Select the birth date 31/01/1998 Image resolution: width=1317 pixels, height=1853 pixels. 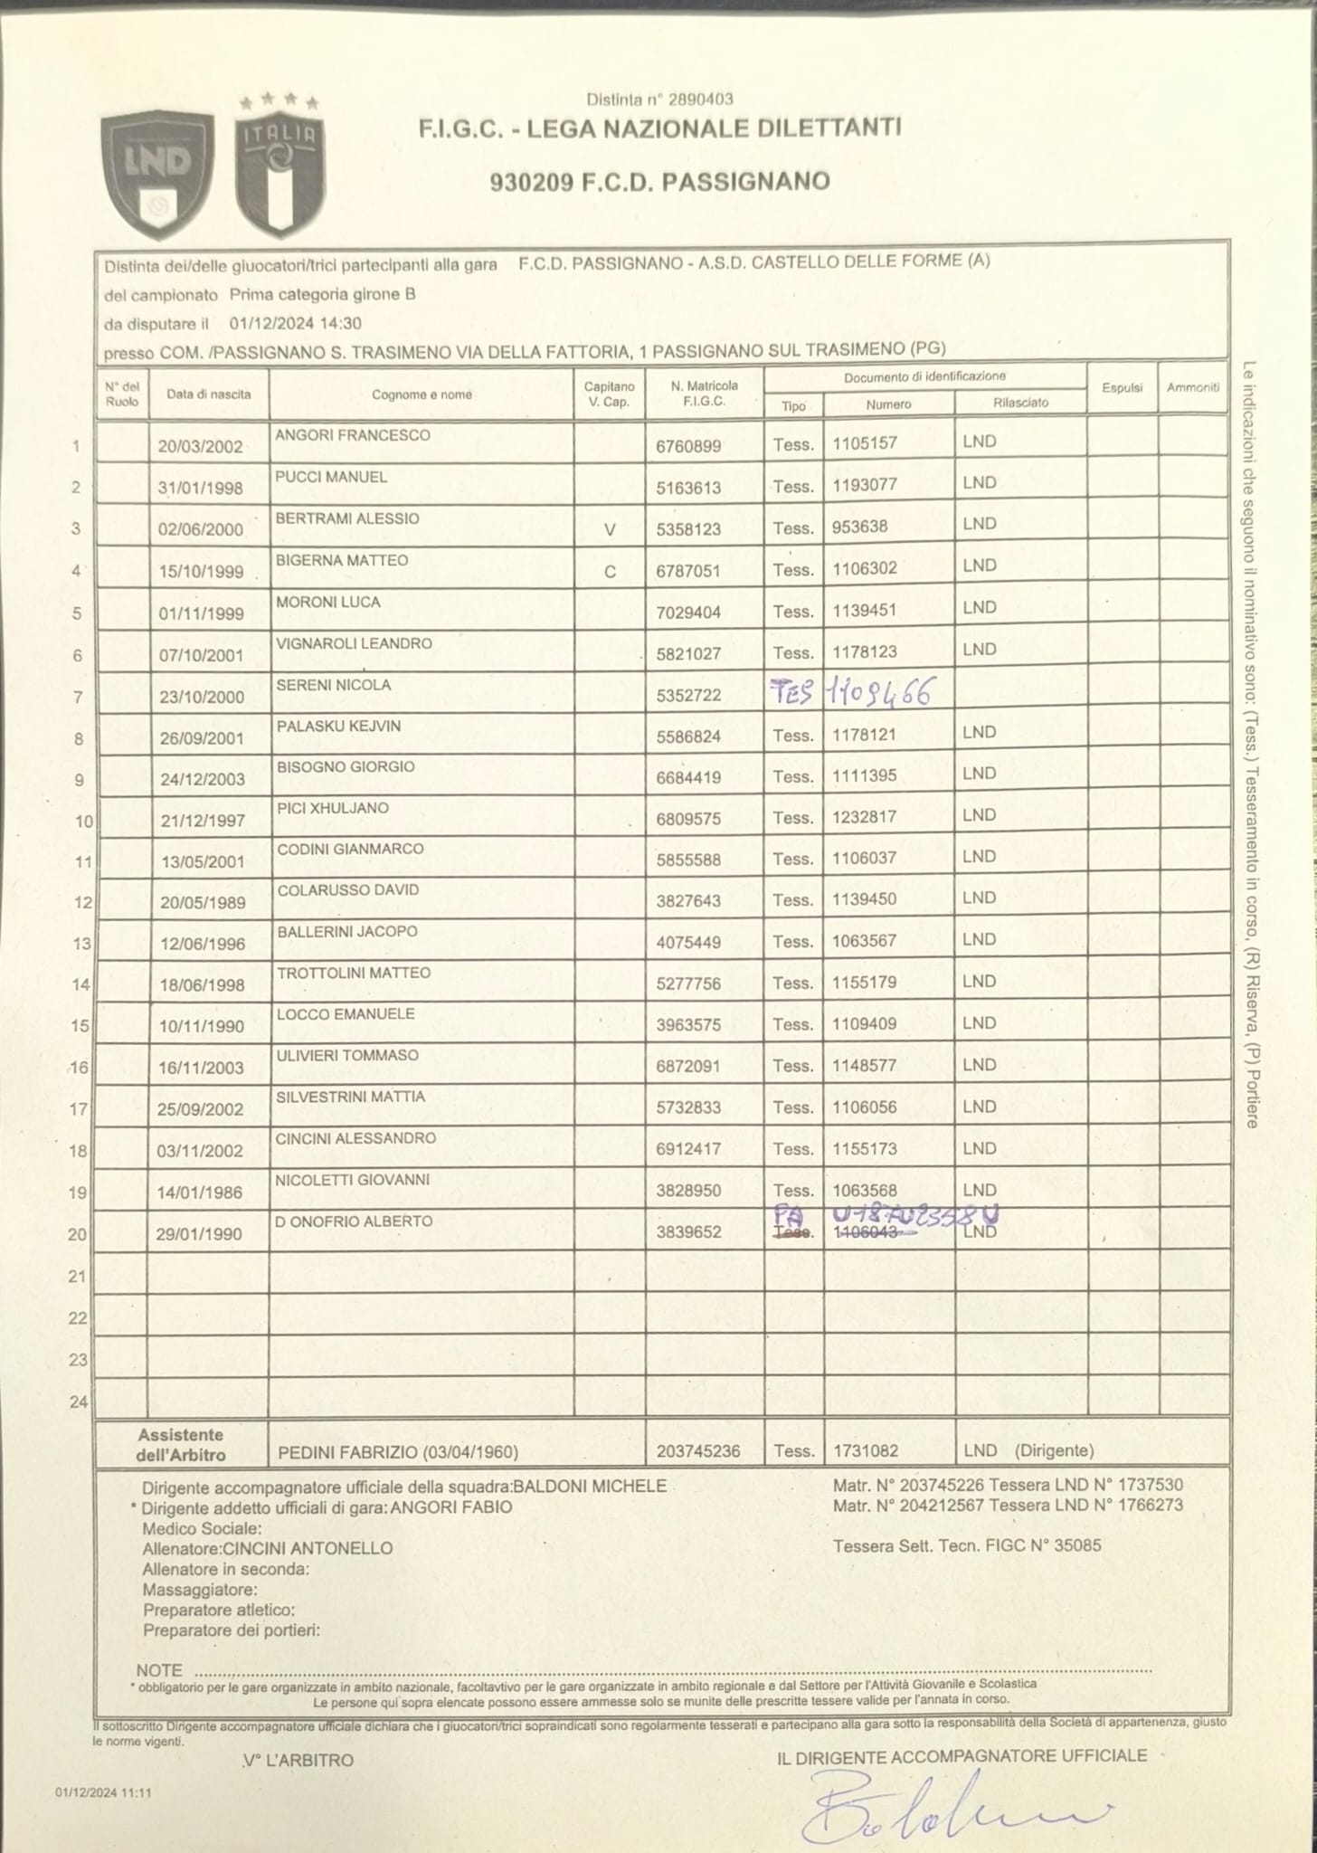point(201,488)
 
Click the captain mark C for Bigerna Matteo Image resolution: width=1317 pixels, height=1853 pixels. point(610,571)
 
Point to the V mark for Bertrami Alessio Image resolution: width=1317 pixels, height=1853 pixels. point(610,529)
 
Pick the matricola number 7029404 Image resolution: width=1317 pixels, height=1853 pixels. point(689,613)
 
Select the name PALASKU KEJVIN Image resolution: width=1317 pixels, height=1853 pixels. point(338,727)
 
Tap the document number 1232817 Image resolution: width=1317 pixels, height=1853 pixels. point(865,817)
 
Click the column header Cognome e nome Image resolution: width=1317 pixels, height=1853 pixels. point(422,394)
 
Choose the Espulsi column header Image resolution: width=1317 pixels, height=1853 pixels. point(1123,387)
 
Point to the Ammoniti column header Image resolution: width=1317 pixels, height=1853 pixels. point(1193,387)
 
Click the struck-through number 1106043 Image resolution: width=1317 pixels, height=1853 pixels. point(865,1232)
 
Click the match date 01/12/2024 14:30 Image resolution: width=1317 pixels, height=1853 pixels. point(296,323)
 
